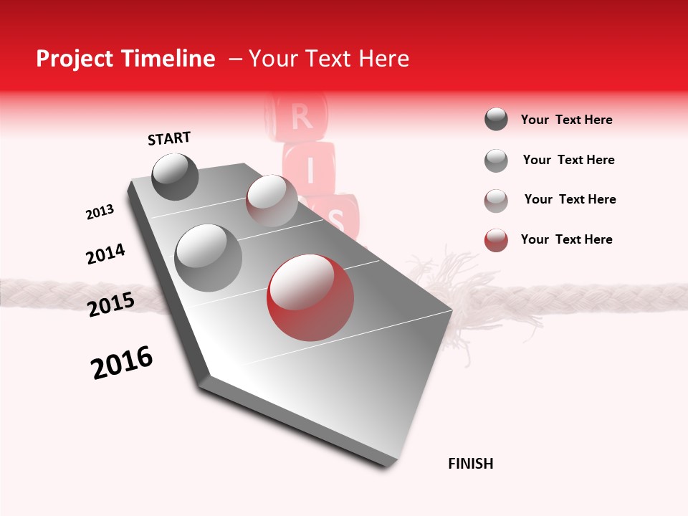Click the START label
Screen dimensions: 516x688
[169, 138]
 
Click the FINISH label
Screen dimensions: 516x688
[471, 464]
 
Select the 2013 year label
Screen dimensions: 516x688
[100, 212]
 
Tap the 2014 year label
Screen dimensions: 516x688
[105, 254]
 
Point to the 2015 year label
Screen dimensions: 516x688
[111, 305]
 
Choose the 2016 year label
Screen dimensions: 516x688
[122, 363]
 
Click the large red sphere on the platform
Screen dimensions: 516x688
[310, 297]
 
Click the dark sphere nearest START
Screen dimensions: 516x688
[175, 176]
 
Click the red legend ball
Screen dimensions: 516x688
[496, 240]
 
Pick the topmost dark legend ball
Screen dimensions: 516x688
[496, 119]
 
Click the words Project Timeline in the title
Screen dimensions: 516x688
[125, 59]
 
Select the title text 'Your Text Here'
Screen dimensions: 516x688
[329, 59]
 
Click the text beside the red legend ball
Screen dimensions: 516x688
[566, 239]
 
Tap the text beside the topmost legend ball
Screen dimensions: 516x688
[566, 120]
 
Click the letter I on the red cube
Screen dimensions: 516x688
[310, 171]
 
